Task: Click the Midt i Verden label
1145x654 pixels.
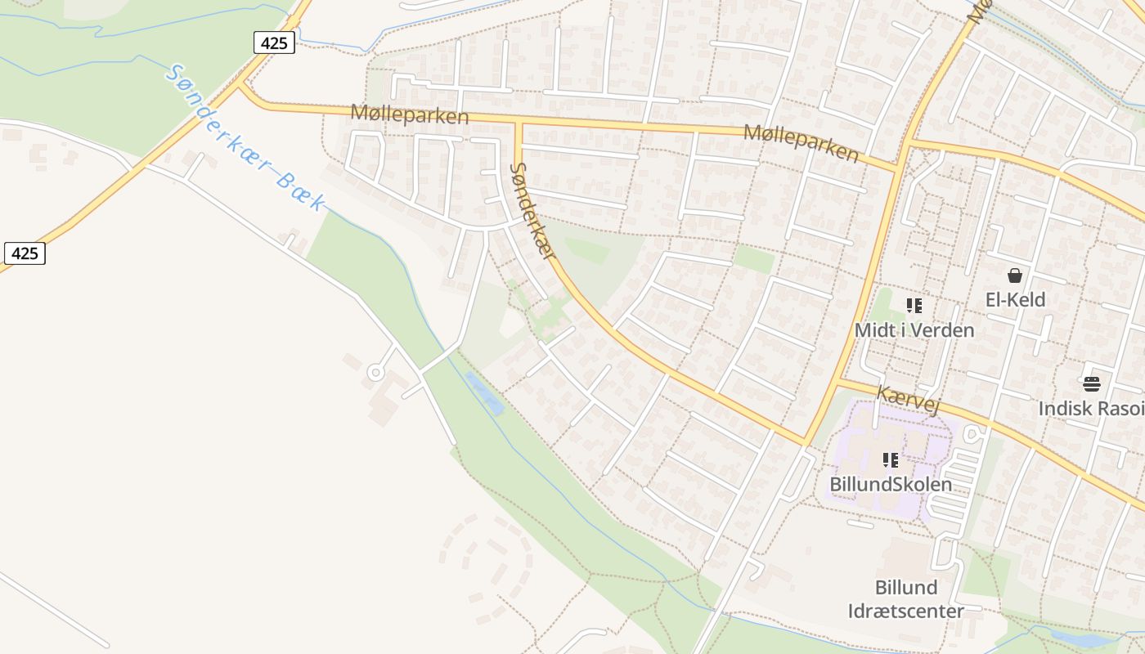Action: click(x=914, y=330)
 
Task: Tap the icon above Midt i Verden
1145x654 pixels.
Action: click(x=914, y=306)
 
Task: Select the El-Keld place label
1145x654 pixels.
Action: click(x=1015, y=300)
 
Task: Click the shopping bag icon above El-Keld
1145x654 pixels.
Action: click(x=1015, y=275)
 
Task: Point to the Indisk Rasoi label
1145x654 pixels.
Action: click(x=1091, y=408)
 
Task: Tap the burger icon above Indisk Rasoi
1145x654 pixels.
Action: click(x=1091, y=383)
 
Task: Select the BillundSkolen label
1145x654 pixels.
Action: click(x=891, y=484)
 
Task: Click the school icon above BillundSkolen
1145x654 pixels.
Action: click(x=891, y=460)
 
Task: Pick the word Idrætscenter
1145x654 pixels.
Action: click(x=905, y=611)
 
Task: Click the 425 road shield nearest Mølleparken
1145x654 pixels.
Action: click(x=273, y=43)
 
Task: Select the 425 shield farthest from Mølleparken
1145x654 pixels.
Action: click(x=25, y=253)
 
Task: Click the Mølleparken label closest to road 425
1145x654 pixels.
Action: click(x=409, y=114)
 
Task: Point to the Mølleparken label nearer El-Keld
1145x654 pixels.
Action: click(x=801, y=143)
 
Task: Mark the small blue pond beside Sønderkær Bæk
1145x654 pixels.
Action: click(x=484, y=392)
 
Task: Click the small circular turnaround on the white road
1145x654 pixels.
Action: click(x=375, y=373)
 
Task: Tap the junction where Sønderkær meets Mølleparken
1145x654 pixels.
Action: click(x=518, y=123)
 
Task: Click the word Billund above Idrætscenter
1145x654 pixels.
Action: click(x=905, y=588)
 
